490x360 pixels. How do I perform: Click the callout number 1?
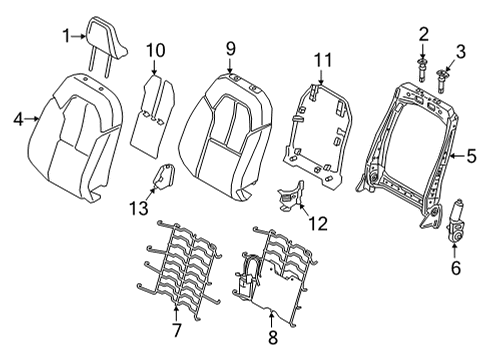(x=66, y=36)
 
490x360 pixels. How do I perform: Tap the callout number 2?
(x=423, y=35)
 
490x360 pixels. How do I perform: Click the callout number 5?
(x=469, y=155)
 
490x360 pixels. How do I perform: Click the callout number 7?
(x=175, y=329)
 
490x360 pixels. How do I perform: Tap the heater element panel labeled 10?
(x=152, y=110)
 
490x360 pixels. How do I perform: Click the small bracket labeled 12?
(x=292, y=196)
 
